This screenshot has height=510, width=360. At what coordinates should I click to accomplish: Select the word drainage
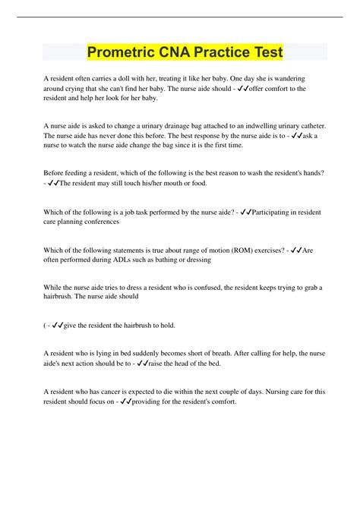182,126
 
